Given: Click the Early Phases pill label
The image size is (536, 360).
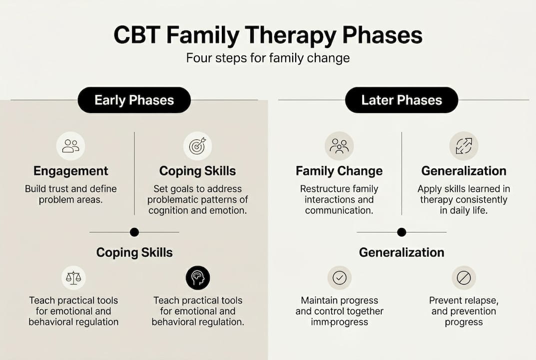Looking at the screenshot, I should click(x=134, y=100).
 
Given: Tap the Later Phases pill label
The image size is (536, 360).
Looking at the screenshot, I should click(x=401, y=100).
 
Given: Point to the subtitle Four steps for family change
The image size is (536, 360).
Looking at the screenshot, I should click(x=268, y=58).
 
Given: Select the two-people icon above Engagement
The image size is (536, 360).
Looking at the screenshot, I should click(x=70, y=146).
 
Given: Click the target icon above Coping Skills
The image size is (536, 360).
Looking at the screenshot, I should click(x=197, y=146).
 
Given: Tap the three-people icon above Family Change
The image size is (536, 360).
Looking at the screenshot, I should click(x=339, y=146).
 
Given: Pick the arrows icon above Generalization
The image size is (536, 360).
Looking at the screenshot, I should click(x=464, y=146).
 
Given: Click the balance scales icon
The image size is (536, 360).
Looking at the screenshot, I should click(x=73, y=278).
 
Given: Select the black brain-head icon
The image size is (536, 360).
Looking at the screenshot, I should click(x=198, y=278).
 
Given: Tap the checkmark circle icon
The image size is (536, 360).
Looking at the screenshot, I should click(x=339, y=278).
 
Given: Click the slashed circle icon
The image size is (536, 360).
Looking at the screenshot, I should click(x=464, y=278).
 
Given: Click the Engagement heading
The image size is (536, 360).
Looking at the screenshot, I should click(x=70, y=171).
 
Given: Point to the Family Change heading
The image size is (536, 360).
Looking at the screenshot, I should click(x=339, y=171).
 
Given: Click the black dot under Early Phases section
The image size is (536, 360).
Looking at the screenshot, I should click(x=134, y=232).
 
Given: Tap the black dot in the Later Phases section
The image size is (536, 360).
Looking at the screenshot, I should click(x=401, y=232).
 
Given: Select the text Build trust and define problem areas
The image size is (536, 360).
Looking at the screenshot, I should click(x=70, y=194).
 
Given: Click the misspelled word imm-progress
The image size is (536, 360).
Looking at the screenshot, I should click(x=339, y=322).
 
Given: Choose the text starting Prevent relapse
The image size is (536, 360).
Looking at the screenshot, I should click(x=464, y=311).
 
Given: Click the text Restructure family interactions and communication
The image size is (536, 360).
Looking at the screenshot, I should click(x=339, y=199).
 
